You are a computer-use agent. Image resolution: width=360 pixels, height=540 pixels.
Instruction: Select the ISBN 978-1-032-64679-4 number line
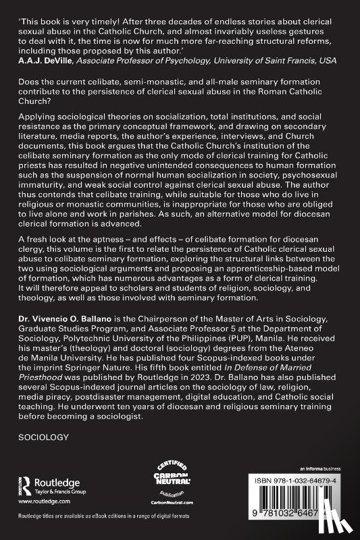[311, 481]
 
